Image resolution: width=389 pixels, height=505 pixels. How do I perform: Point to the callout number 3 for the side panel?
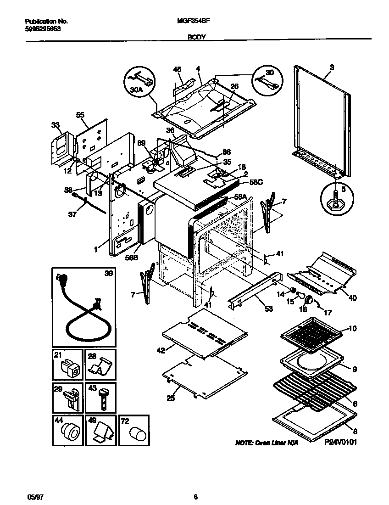[x=332, y=67]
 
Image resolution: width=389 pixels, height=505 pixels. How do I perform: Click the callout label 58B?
[x=132, y=258]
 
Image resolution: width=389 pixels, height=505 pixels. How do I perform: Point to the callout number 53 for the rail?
[x=268, y=309]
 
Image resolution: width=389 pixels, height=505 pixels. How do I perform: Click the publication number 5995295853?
[x=42, y=28]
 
